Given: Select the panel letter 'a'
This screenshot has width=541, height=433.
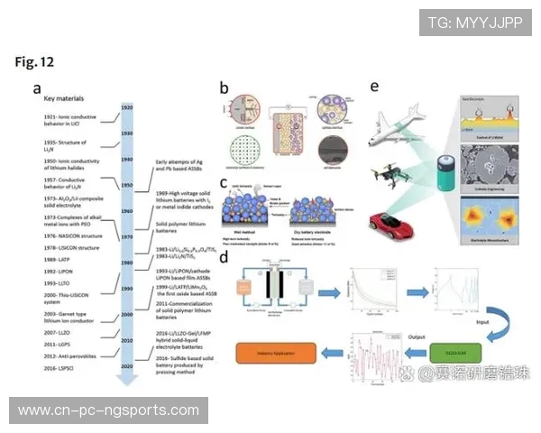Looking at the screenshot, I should click(x=37, y=88).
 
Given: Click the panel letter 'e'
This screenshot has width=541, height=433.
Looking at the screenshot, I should click(x=374, y=87).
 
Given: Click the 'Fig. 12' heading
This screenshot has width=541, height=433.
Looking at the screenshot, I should click(x=35, y=61).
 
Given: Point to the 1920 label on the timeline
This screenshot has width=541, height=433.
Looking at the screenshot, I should click(x=128, y=107).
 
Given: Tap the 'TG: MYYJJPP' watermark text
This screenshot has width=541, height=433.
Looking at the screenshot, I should click(x=474, y=23).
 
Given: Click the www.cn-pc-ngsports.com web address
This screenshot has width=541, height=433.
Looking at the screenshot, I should click(x=108, y=410).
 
